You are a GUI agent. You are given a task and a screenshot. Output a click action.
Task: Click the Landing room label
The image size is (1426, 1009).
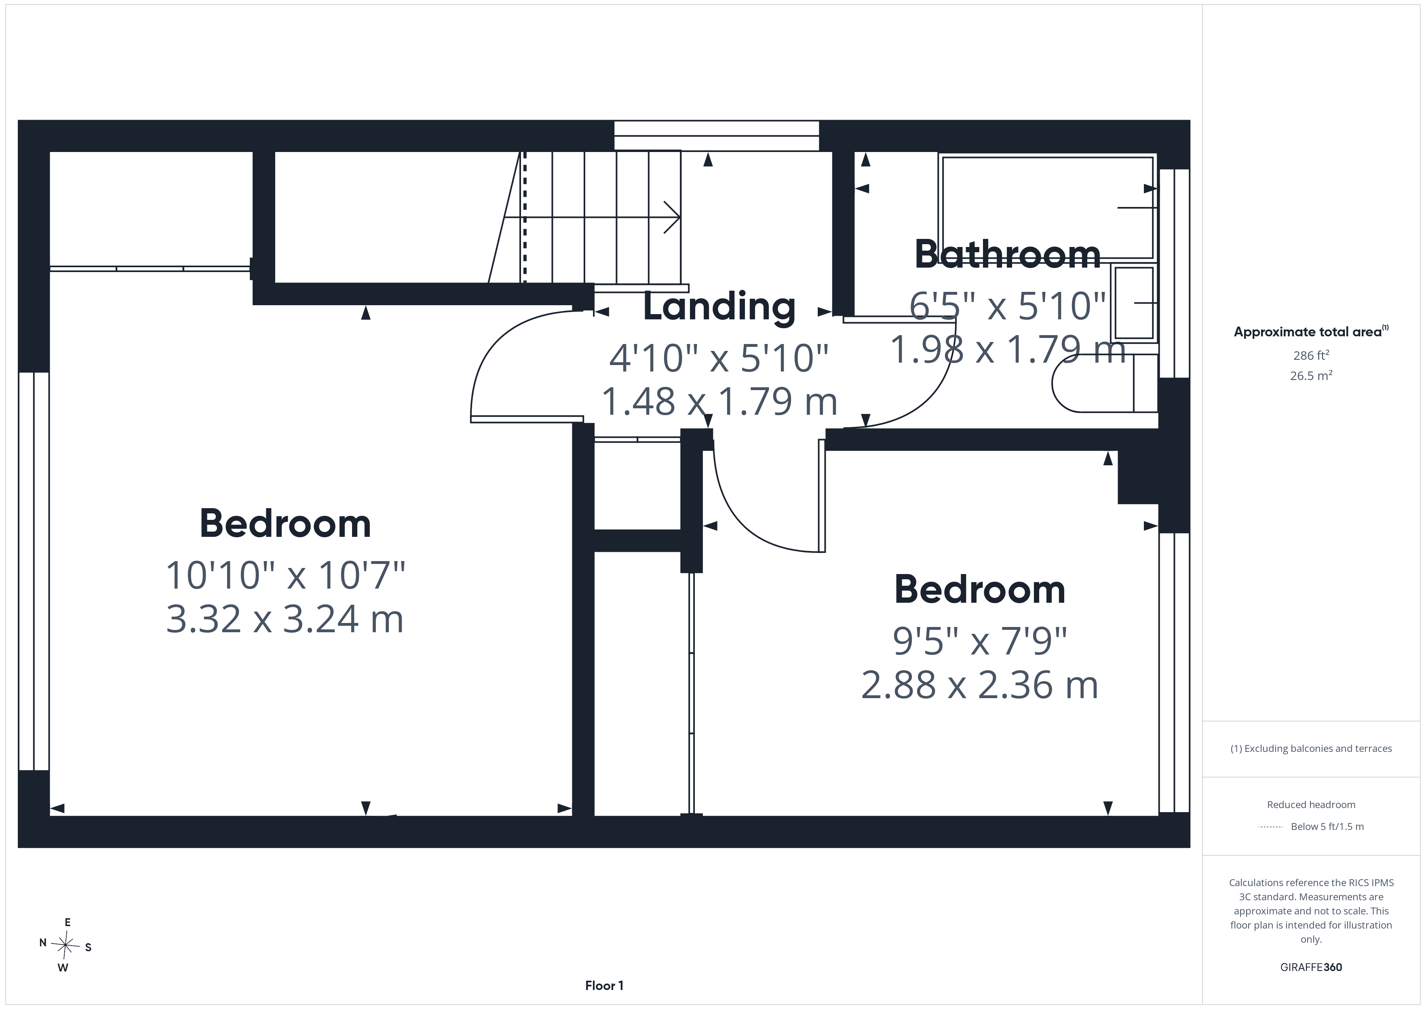[x=719, y=306]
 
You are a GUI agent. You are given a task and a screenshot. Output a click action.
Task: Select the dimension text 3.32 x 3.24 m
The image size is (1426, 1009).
[x=285, y=619]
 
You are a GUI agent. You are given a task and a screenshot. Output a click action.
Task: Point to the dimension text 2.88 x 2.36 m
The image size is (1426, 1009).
[x=979, y=685]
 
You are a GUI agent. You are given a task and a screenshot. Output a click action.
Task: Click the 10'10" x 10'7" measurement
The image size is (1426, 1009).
[x=285, y=575]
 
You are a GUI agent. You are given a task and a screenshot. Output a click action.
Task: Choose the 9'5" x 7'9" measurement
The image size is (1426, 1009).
[x=979, y=641]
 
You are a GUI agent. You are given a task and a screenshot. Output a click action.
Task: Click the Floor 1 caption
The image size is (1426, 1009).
[x=604, y=986]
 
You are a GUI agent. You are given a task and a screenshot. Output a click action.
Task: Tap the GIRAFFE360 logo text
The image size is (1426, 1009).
[x=1311, y=967]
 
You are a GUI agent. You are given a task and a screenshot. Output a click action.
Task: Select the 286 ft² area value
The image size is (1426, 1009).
[x=1311, y=355]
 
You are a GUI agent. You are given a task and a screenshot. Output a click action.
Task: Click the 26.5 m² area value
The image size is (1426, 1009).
[x=1311, y=375]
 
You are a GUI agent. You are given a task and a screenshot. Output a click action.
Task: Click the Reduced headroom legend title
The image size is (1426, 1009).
[x=1311, y=804]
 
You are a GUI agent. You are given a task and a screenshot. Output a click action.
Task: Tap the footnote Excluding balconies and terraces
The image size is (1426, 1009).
[x=1311, y=749]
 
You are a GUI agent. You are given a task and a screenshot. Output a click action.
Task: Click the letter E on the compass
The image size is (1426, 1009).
[x=68, y=922]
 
